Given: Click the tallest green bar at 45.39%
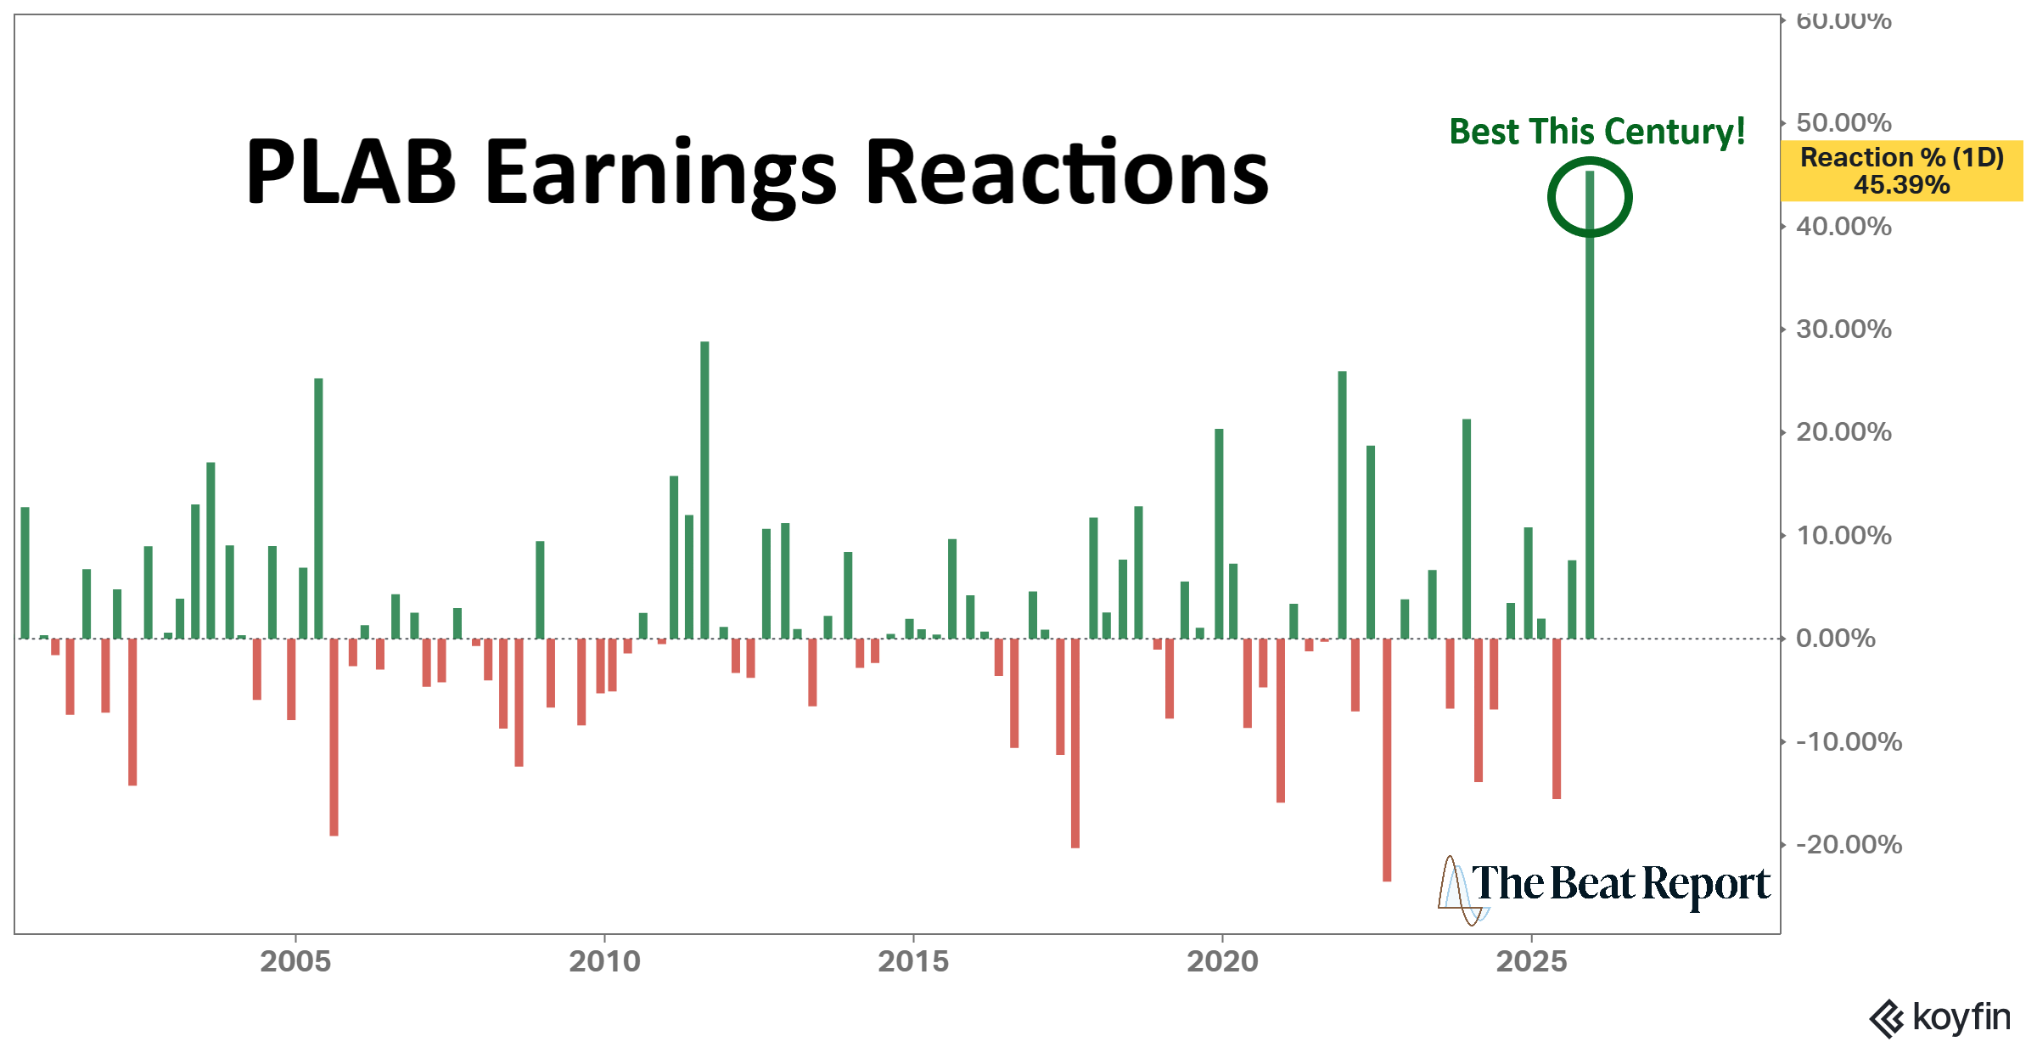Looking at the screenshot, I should [1590, 408].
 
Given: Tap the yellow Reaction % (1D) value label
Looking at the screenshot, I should [1901, 171].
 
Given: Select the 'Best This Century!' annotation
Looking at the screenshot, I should [1596, 132].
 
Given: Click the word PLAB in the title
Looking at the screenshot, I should [351, 172].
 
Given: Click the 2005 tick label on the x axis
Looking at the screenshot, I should [295, 961].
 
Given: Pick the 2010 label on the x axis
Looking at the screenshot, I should [604, 961].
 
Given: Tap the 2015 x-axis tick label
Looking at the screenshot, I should [913, 961].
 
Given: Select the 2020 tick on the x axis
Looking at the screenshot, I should [1222, 961].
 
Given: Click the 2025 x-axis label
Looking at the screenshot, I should [1531, 961].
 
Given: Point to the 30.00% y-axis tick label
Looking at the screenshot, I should [1843, 329].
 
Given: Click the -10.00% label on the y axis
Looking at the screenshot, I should [1849, 742].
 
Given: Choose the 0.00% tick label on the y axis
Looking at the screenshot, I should [1836, 639].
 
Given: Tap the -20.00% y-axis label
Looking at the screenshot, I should [1849, 845].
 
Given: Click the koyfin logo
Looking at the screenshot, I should [1940, 1017].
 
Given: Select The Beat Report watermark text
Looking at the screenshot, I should [1619, 884].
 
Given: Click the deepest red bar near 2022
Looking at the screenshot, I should [1387, 760].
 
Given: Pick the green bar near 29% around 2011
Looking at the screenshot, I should [704, 490].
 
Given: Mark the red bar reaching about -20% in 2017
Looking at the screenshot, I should [1075, 743].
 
